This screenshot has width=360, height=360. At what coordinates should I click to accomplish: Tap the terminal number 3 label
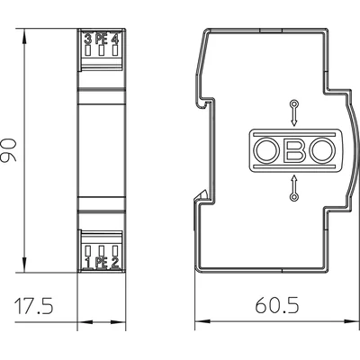(86, 40)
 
